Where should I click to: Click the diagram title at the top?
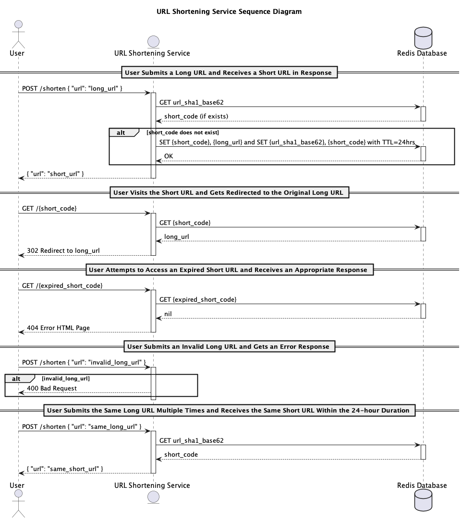229,12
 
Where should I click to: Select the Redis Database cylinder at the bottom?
423,502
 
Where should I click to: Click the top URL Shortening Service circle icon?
153,41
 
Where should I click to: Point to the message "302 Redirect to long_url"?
63,251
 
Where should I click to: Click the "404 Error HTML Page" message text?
58,328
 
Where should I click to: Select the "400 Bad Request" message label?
52,388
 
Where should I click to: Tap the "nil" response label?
168,314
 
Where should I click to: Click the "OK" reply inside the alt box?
169,156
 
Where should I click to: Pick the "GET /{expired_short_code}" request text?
62,286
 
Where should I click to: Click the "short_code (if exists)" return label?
196,117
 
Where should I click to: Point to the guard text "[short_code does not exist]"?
182,132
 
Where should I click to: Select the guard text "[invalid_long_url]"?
65,378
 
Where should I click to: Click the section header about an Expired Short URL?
228,270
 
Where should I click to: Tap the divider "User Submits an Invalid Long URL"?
228,347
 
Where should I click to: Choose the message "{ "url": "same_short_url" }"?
65,469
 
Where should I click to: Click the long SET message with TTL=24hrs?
287,142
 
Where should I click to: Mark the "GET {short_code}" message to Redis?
185,223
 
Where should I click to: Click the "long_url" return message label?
177,237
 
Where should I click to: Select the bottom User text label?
17,485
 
